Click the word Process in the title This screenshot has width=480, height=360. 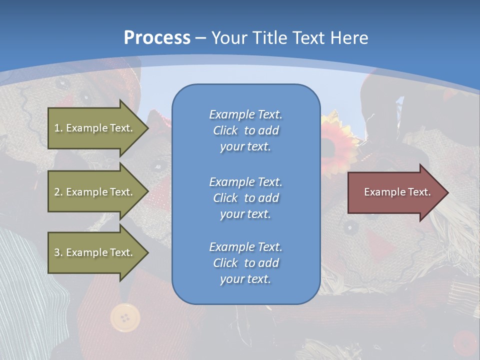pos(157,38)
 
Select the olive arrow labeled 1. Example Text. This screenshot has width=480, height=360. pos(95,128)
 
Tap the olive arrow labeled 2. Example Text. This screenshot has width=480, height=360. pos(95,192)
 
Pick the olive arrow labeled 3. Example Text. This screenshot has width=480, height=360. pos(95,252)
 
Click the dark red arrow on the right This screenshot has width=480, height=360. pos(395,192)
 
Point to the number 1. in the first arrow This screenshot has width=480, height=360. pos(58,128)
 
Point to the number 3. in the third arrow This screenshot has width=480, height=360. pos(58,252)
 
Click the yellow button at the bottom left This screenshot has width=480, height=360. pos(125,317)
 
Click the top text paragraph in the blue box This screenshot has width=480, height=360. pos(245,130)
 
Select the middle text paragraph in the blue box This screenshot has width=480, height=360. pos(245,198)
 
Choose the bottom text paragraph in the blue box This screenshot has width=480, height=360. pos(245,263)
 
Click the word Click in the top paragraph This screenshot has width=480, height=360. pos(225,130)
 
